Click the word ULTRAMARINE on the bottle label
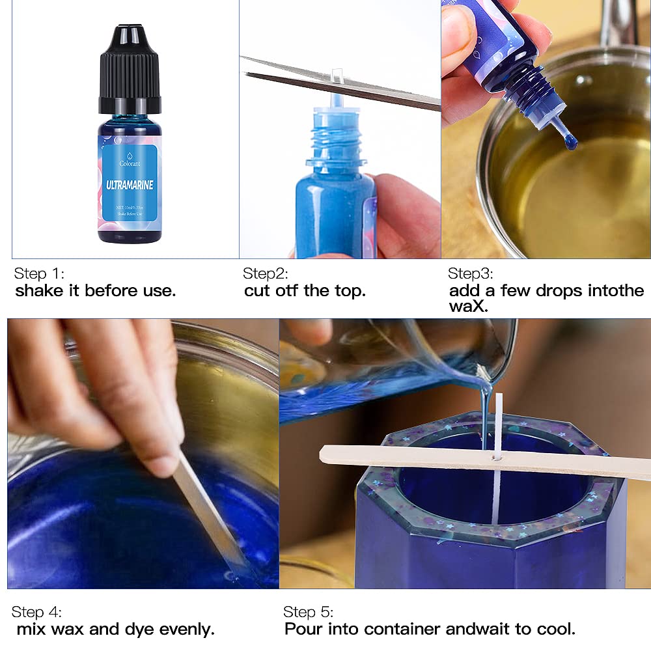click(x=130, y=186)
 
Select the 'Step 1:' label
click(x=39, y=273)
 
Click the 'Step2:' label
click(x=266, y=273)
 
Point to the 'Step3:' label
click(x=471, y=273)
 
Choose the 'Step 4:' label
click(x=38, y=612)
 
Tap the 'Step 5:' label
click(x=308, y=612)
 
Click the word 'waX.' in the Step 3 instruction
click(x=467, y=306)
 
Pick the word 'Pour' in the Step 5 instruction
click(x=303, y=629)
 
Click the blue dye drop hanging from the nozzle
click(x=571, y=141)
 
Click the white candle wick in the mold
click(x=498, y=495)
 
